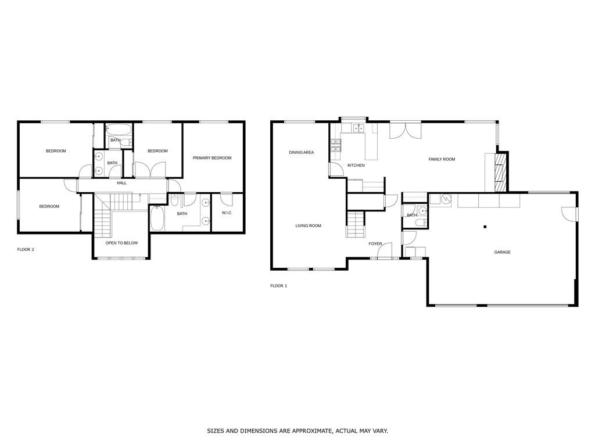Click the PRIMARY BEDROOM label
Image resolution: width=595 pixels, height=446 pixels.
pos(212,158)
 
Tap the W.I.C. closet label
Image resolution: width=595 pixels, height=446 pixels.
pos(227,213)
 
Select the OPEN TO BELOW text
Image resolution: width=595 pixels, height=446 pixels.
pos(121,243)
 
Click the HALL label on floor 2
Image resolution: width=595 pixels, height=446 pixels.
pos(121,183)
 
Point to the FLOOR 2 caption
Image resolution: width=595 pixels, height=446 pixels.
pos(26,250)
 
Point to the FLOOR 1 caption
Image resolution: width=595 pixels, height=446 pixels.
pos(278,286)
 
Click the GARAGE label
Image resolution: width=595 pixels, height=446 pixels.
pos(502,252)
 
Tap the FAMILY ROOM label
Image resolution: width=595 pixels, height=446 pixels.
pos(441,159)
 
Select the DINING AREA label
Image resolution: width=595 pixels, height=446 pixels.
pos(301,153)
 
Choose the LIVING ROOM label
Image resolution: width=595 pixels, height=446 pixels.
pos(308,226)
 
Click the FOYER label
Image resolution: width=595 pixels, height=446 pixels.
pos(375,244)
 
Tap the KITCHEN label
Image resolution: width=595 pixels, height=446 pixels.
pos(356,166)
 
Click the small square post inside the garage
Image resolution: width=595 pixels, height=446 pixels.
pos(485,227)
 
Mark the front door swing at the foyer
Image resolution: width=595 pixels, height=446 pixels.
pos(383,251)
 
